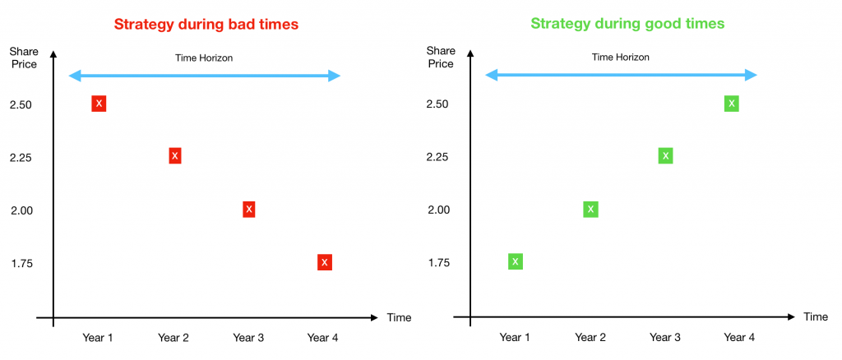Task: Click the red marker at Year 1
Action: pos(99,104)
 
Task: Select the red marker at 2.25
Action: pos(174,155)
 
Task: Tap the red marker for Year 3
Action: pos(248,210)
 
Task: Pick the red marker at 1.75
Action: pos(324,262)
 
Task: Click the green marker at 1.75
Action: pos(516,261)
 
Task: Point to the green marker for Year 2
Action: pos(590,210)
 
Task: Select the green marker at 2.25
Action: pos(665,155)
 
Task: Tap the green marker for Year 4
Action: pos(731,104)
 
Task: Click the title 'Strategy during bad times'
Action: pos(206,25)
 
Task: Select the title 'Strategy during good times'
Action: pos(627,24)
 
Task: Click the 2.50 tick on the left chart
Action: pos(21,104)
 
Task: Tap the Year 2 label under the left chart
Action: pos(173,338)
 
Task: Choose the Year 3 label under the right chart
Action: pos(664,338)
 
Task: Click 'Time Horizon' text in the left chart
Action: pos(204,58)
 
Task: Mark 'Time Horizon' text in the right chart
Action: pos(621,58)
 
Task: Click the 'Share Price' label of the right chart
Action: pos(441,58)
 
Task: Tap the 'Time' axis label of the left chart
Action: pos(399,317)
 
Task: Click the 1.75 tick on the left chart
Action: pos(21,264)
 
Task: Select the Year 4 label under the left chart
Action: pos(322,338)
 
